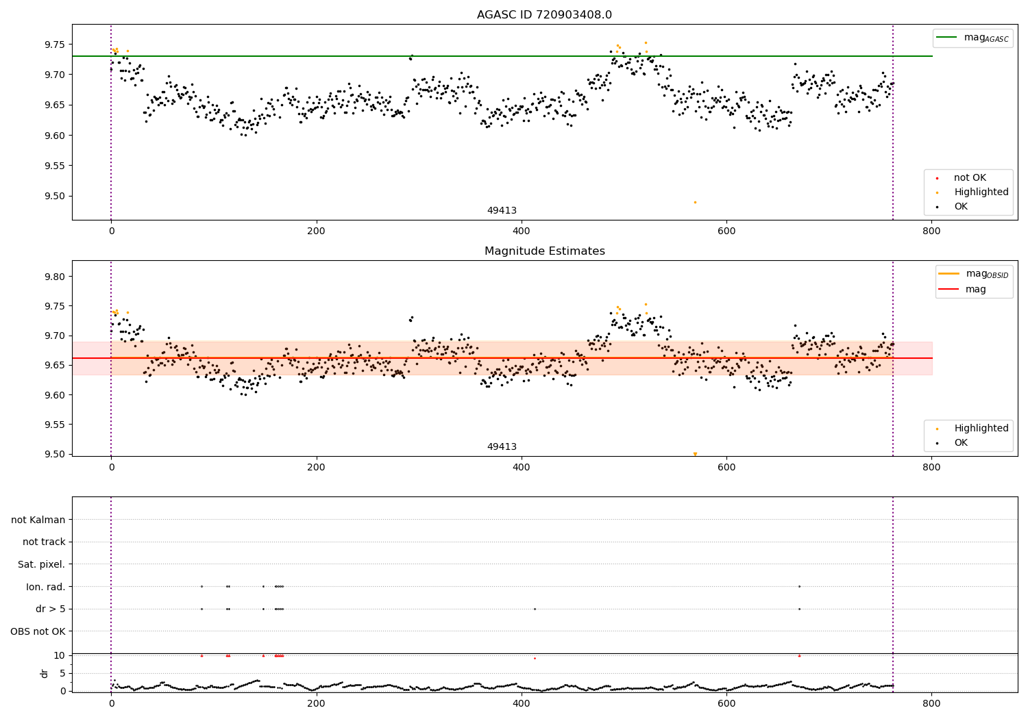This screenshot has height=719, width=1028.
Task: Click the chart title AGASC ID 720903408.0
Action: (544, 14)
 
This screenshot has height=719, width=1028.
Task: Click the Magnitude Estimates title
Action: (545, 251)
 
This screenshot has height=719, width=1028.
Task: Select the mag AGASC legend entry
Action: (972, 38)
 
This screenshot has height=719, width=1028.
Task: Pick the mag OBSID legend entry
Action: (973, 274)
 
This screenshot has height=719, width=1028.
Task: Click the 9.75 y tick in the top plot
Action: (55, 45)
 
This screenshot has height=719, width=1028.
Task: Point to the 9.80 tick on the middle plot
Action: (55, 277)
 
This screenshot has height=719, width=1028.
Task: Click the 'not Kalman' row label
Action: (38, 520)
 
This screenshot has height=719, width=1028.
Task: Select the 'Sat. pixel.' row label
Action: (41, 564)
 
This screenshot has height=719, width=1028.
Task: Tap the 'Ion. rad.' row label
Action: (45, 586)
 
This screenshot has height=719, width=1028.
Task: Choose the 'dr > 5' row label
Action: (51, 609)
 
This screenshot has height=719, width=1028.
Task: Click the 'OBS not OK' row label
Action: (38, 631)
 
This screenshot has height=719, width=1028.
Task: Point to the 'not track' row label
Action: (44, 542)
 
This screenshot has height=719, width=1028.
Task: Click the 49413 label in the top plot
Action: (502, 210)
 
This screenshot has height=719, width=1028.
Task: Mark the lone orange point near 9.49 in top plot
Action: (695, 202)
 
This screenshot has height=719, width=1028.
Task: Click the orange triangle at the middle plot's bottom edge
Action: (695, 454)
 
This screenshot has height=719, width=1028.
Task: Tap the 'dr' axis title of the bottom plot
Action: (44, 673)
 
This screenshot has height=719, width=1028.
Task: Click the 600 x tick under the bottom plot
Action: (726, 703)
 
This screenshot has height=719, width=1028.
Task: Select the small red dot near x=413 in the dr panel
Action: (535, 659)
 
